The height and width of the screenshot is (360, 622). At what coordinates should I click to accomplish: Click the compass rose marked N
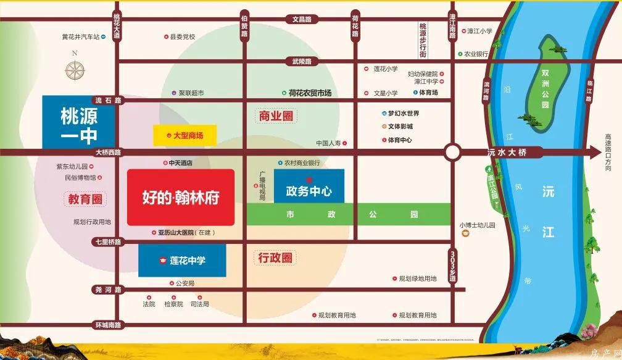coord(75,69)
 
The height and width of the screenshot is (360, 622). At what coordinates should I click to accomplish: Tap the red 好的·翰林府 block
coord(180,197)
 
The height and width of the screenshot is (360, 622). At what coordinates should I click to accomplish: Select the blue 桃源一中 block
coord(79,125)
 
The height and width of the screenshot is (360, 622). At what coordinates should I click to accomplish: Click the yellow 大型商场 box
coord(185,135)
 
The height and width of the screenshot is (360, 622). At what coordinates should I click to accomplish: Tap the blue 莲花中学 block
coord(182,261)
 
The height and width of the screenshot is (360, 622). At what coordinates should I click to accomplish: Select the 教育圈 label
coord(85,198)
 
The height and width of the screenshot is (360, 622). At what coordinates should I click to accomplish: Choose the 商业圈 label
coord(275,115)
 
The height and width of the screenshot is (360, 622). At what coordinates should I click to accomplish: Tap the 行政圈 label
coord(275,257)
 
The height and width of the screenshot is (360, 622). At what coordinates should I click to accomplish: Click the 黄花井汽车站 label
coord(80,37)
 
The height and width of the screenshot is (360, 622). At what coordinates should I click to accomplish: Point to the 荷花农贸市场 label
coord(310,93)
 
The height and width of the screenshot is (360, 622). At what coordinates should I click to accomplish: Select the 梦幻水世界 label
coord(404,114)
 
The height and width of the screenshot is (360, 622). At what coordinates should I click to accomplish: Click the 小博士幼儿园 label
coord(478,225)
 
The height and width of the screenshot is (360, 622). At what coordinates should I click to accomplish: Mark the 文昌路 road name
coord(302,20)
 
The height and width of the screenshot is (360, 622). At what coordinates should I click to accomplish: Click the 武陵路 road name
coord(302,61)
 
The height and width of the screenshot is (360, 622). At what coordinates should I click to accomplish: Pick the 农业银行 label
coord(476,54)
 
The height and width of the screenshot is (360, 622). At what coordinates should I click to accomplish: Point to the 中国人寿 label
coord(333,143)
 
